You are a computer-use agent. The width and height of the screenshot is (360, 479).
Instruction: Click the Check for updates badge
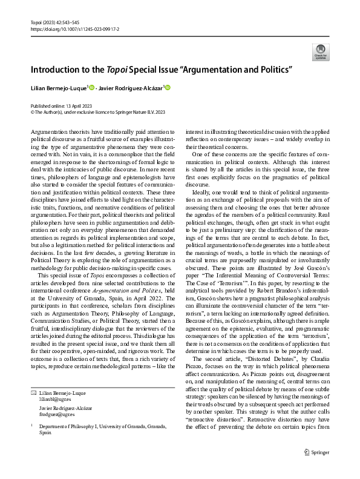[x=319, y=51]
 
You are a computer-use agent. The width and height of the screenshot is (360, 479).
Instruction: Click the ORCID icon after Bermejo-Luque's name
[x=91, y=88]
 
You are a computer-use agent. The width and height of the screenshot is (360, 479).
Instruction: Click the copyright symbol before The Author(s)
[x=33, y=112]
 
